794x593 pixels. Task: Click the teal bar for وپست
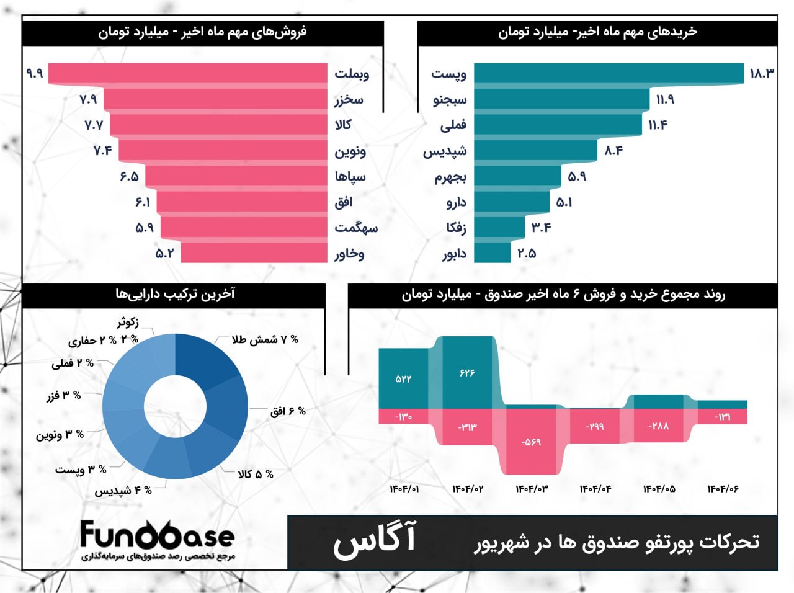(x=608, y=73)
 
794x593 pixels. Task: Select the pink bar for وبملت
(x=186, y=73)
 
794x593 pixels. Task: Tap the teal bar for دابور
(x=493, y=253)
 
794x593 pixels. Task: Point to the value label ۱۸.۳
(x=762, y=73)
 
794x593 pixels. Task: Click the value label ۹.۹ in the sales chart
(x=35, y=73)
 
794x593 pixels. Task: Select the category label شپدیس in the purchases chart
(x=445, y=151)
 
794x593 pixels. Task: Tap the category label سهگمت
(x=356, y=228)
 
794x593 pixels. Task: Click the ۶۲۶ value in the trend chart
(x=467, y=373)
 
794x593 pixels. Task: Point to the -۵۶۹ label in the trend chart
(x=531, y=442)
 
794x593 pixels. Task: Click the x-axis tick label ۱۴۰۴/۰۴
(x=595, y=489)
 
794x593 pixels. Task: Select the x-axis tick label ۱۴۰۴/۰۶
(x=723, y=489)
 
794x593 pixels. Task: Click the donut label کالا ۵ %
(x=256, y=474)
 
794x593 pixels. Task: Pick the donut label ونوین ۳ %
(x=60, y=435)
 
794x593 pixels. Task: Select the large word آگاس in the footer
(x=375, y=540)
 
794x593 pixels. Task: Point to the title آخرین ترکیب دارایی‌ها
(x=175, y=294)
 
